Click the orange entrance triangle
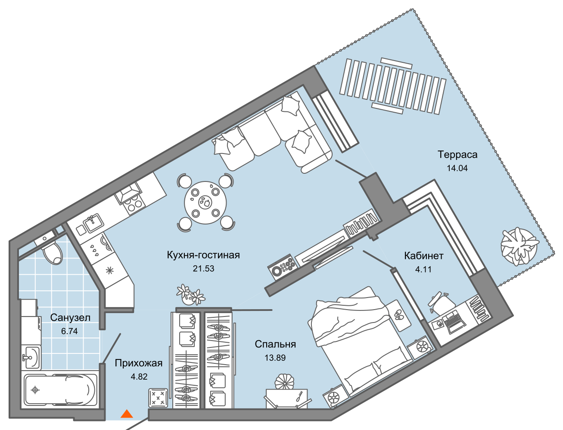click(x=127, y=414)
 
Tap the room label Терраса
click(x=457, y=155)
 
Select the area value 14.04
click(x=457, y=168)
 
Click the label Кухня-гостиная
click(x=203, y=255)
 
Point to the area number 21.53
click(x=203, y=268)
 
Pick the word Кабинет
click(x=424, y=256)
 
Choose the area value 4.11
click(x=423, y=269)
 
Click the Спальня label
click(x=275, y=344)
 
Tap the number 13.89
click(x=275, y=358)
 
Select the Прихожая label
click(x=139, y=363)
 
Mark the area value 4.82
click(x=139, y=377)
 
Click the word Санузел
click(x=70, y=318)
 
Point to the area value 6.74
click(x=69, y=331)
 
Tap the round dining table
click(x=205, y=203)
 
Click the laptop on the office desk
click(x=454, y=322)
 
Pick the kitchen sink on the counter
click(x=93, y=223)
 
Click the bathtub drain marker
click(x=35, y=390)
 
